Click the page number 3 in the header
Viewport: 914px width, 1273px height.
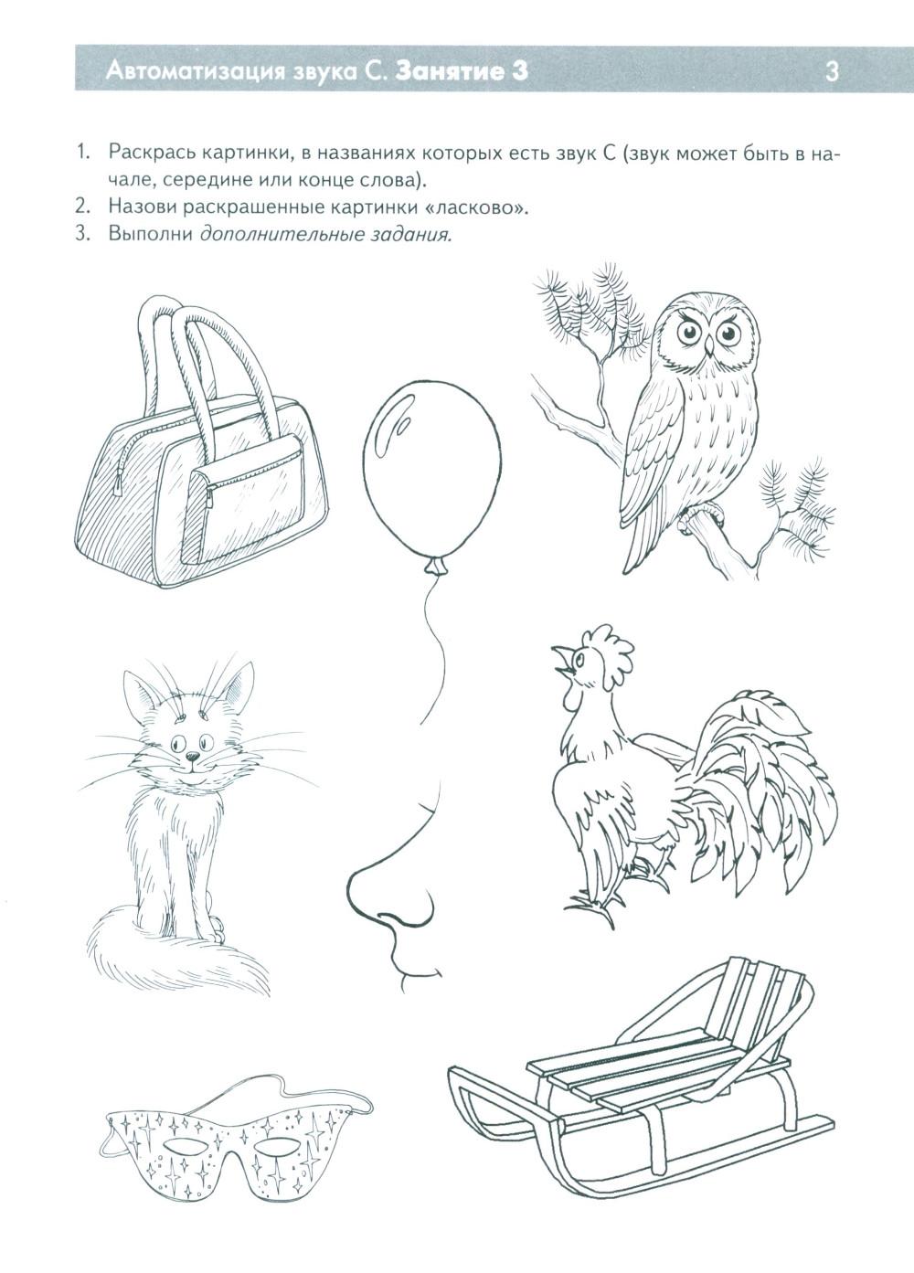pos(831,72)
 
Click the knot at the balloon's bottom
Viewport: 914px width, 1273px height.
pos(435,566)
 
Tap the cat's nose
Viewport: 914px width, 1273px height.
pos(193,757)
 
